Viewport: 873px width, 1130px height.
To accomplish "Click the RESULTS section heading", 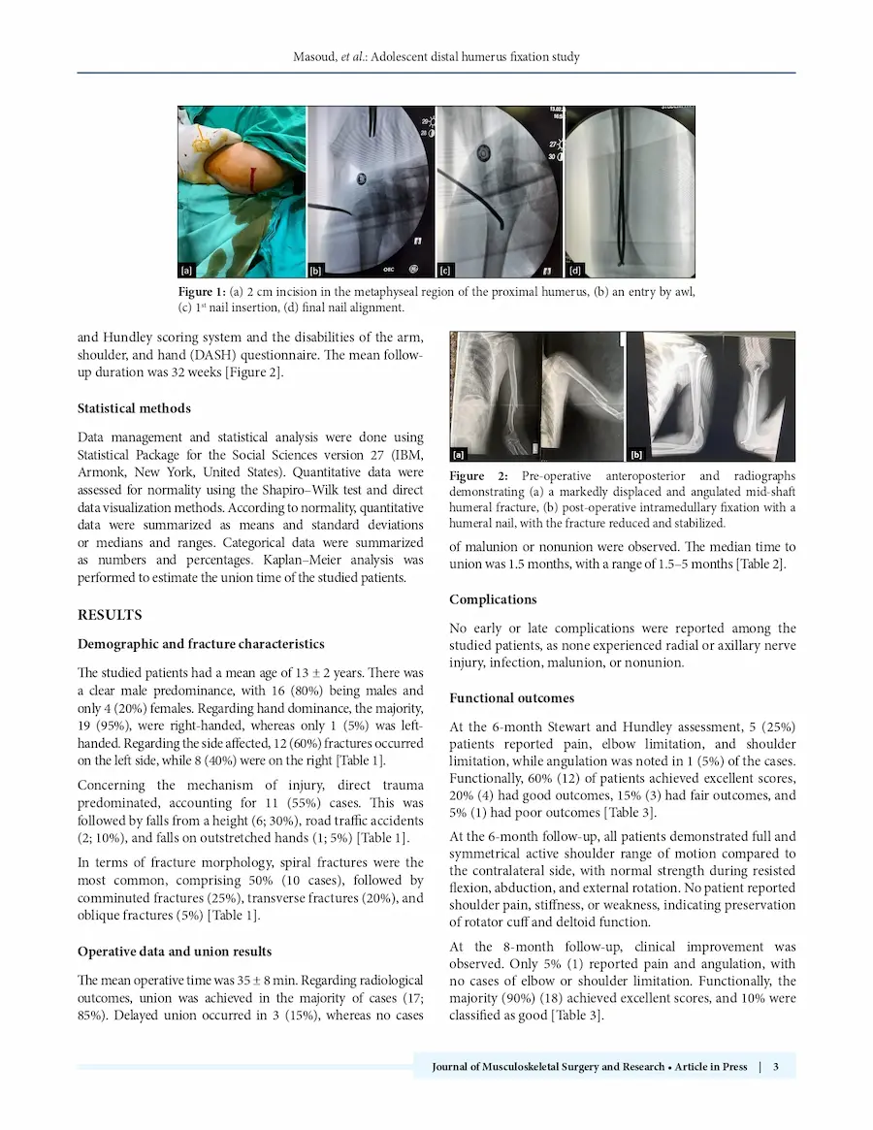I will click(x=110, y=615).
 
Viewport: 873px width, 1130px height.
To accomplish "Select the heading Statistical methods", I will click(x=134, y=408).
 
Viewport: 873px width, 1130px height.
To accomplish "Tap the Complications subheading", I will click(x=493, y=599).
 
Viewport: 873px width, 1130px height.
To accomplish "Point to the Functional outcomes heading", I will click(x=511, y=698).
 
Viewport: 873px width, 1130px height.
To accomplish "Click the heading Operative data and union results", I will click(x=175, y=952).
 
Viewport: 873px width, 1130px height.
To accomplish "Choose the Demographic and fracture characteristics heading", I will click(x=201, y=644).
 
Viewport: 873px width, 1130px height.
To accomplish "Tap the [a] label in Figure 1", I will click(x=186, y=271).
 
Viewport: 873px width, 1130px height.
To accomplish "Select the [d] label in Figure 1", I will click(x=574, y=271).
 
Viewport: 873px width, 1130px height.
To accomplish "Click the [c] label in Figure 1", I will click(x=446, y=271).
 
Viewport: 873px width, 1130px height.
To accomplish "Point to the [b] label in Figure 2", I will click(x=637, y=453).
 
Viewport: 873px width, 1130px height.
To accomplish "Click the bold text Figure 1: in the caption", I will click(x=202, y=292).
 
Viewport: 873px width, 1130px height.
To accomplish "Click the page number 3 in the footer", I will click(x=776, y=1067).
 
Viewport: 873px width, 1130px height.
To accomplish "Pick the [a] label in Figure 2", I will click(x=459, y=453).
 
